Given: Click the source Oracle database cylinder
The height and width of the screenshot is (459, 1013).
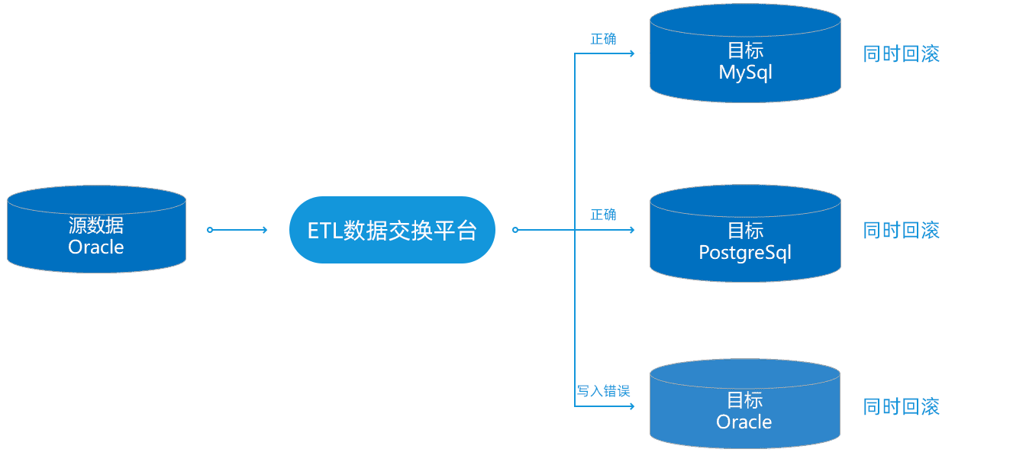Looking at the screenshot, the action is click(96, 229).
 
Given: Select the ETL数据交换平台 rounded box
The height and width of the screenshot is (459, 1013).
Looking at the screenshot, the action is click(392, 230).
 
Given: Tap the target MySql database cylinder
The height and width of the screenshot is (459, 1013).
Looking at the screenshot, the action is click(745, 53).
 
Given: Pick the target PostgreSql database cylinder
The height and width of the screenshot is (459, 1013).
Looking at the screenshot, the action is click(745, 234).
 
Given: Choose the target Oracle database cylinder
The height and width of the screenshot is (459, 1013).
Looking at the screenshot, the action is click(745, 404).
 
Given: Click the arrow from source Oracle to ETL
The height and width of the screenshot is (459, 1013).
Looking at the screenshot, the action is click(237, 230).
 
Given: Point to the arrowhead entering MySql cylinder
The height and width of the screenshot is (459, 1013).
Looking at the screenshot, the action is click(632, 53).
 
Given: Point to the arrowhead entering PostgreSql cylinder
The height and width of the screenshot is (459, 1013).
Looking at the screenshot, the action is click(632, 230).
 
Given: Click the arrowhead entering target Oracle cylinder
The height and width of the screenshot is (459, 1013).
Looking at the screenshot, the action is click(632, 406).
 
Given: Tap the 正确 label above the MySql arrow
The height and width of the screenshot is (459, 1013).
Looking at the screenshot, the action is click(603, 39).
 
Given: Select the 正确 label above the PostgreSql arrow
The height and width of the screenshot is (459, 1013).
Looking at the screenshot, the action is click(603, 215).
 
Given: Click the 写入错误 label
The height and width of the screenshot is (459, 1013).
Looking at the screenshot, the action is click(603, 391).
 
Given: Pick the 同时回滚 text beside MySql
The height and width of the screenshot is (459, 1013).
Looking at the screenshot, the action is click(902, 54).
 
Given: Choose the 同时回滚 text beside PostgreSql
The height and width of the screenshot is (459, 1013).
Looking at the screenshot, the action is click(902, 231).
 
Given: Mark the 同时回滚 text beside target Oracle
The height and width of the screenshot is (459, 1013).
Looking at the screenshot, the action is click(902, 406).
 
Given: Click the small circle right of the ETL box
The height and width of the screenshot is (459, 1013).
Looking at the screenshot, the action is click(515, 230).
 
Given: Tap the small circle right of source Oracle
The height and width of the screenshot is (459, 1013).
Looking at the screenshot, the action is click(210, 230).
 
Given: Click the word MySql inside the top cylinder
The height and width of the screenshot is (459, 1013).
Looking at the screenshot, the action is click(745, 73).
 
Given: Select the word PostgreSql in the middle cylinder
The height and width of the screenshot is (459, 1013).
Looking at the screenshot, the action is click(745, 253).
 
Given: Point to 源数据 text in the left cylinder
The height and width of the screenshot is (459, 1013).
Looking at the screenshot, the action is click(96, 225).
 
